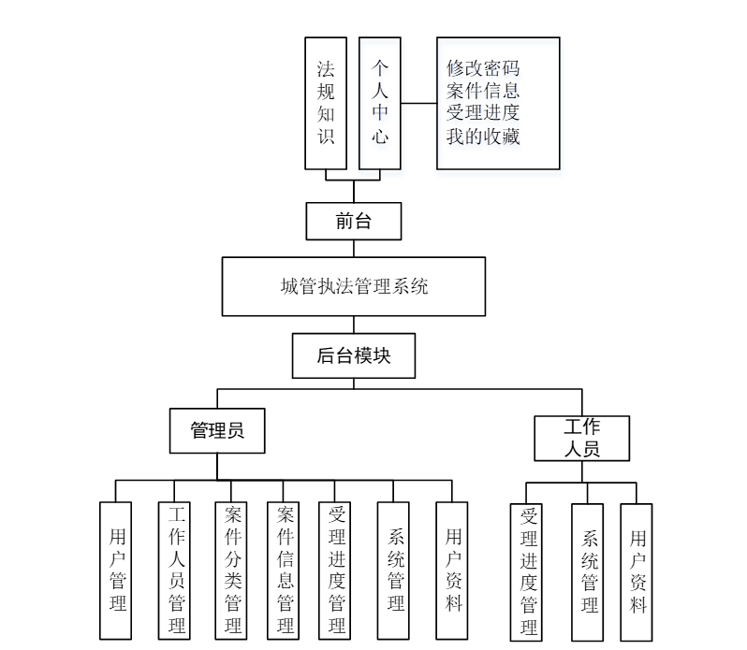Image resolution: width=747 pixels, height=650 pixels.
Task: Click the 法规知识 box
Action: click(326, 103)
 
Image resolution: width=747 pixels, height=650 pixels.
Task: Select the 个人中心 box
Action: click(380, 103)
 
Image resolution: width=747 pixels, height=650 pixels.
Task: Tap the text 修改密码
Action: click(483, 68)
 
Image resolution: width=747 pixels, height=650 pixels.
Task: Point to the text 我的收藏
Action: click(483, 137)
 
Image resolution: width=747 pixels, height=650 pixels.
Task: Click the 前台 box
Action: click(353, 222)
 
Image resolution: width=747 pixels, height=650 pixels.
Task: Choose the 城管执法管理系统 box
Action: click(353, 287)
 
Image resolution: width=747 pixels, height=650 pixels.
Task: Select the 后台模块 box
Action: click(353, 355)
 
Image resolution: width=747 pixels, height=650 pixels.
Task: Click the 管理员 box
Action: click(217, 430)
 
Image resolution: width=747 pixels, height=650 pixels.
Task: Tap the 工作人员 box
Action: click(581, 439)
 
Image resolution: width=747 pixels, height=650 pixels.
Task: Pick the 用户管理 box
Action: click(117, 571)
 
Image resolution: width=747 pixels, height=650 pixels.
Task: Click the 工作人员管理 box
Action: click(176, 571)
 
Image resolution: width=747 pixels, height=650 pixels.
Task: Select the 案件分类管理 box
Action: click(231, 571)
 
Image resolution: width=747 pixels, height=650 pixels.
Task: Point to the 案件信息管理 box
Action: click(286, 571)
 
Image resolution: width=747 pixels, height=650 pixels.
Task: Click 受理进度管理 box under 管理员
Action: click(338, 571)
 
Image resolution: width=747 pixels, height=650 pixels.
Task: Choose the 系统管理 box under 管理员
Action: click(395, 571)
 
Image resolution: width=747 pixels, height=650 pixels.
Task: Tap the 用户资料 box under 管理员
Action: click(452, 571)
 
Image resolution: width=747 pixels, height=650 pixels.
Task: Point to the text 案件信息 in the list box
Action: click(483, 91)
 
